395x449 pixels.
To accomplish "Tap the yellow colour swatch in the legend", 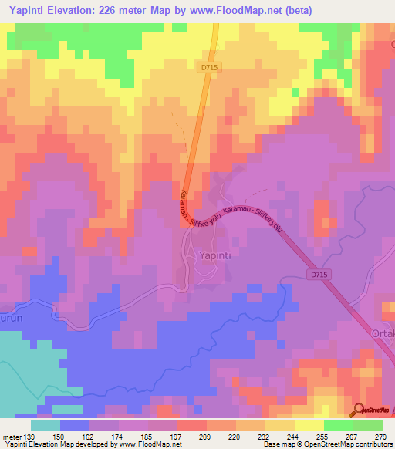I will tap(309, 425).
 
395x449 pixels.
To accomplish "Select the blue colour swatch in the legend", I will tap(74, 425).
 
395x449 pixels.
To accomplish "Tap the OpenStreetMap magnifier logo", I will tap(360, 410).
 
